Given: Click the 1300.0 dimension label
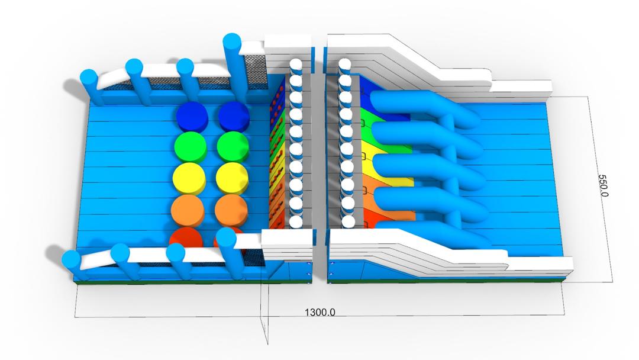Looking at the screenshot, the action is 320,312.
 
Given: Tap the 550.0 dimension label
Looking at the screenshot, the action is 603,185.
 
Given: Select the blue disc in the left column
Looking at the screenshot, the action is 192,116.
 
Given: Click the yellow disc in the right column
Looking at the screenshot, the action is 232,178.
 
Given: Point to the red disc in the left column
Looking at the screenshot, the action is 186,237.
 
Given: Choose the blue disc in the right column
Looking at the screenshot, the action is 234,116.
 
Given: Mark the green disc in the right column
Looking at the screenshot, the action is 233,147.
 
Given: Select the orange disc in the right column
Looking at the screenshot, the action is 231,209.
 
